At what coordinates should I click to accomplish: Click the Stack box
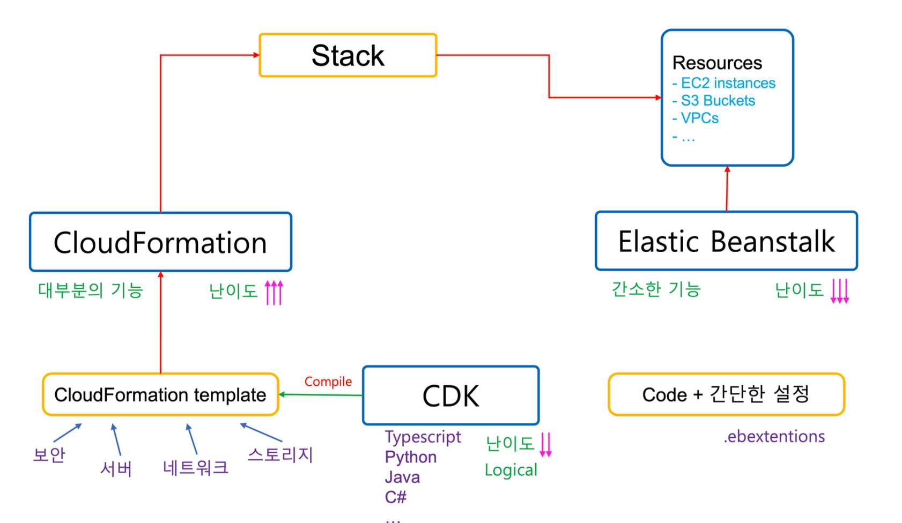348,55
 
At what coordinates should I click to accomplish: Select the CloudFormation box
160,242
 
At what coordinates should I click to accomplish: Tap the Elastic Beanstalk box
726,241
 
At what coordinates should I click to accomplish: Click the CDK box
450,395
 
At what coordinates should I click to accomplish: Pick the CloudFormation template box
160,395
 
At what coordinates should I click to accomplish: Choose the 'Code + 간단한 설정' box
726,394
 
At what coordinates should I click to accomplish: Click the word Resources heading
717,63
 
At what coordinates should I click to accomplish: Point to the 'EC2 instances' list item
728,83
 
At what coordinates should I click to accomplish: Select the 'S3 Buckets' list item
718,101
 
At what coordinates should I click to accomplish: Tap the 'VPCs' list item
699,118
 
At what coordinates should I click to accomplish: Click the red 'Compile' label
328,382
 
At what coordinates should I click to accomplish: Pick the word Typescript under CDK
423,437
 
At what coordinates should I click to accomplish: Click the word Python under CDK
411,457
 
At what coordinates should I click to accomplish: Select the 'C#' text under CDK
395,497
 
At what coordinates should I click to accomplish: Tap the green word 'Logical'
511,470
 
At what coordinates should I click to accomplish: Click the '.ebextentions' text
774,436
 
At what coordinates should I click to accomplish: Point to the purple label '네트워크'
196,467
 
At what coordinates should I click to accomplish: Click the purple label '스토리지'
280,454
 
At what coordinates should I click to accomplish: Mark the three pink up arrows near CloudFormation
274,292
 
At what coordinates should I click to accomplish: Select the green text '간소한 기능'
656,289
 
